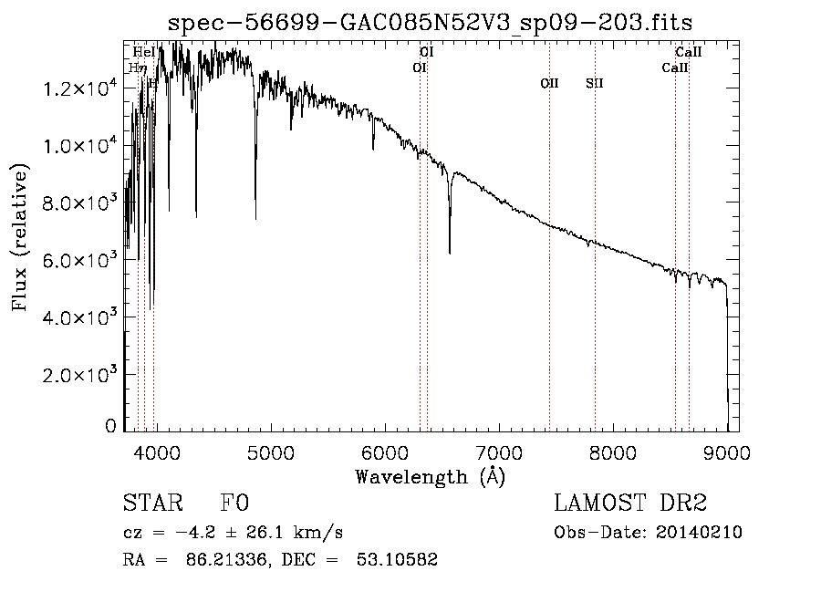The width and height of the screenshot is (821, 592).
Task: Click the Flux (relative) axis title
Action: pos(20,237)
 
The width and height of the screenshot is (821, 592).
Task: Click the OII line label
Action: pos(549,84)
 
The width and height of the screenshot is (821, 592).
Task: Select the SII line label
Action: pos(595,84)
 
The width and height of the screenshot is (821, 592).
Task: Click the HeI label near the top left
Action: pos(143,53)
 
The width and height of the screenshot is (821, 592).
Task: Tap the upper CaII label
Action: pos(688,53)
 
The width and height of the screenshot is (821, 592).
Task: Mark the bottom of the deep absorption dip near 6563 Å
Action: pos(450,253)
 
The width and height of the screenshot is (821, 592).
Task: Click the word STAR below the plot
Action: pos(151,504)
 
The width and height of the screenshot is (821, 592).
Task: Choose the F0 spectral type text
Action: pos(234,504)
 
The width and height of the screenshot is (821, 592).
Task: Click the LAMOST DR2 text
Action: pos(629,504)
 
